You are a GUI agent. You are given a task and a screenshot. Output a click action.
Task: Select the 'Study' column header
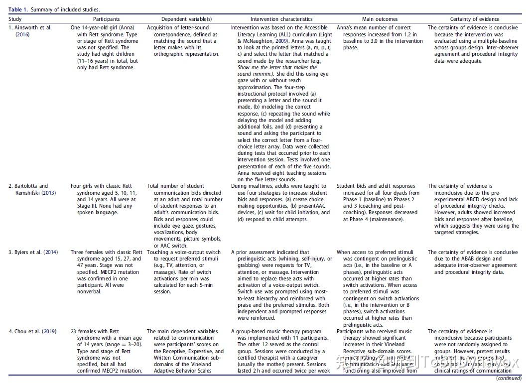click(x=15, y=19)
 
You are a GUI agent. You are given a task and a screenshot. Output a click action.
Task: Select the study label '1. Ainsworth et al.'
click(x=30, y=28)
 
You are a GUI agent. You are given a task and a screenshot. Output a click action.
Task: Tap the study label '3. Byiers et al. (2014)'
click(x=33, y=253)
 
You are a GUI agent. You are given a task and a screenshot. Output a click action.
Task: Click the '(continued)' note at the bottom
click(x=509, y=379)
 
